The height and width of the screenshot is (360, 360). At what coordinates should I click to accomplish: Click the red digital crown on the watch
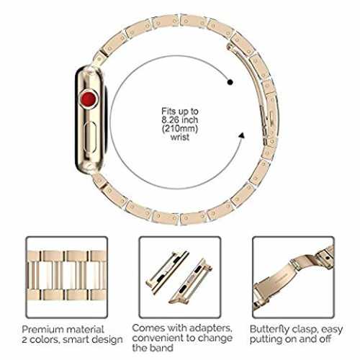89,99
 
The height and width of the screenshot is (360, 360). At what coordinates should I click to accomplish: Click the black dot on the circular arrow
230,82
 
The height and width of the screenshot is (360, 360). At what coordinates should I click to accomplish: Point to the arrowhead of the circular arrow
242,135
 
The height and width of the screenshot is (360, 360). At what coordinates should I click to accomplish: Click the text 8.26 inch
180,120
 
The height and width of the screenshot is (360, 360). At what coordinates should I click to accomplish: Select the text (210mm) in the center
180,129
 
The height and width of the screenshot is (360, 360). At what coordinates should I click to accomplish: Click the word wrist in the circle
180,138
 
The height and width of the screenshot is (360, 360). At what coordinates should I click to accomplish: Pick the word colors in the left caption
45,340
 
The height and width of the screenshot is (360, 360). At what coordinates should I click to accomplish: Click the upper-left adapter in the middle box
167,271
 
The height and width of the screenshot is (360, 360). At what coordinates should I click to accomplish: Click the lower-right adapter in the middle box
191,281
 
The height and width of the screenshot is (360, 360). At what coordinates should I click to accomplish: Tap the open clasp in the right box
293,279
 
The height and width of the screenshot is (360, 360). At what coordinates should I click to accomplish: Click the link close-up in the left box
67,276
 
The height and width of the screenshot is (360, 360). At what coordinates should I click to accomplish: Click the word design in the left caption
107,340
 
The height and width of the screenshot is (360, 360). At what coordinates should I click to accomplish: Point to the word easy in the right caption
332,330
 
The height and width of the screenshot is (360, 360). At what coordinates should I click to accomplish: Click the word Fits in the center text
168,112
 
